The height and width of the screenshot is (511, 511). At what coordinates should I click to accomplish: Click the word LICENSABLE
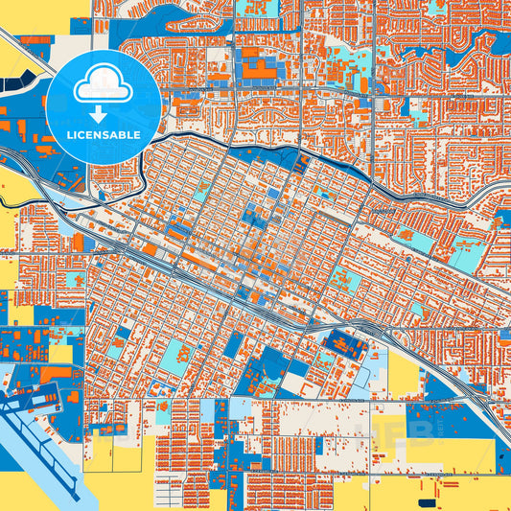103,135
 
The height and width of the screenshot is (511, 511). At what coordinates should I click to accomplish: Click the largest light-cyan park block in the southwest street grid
175,358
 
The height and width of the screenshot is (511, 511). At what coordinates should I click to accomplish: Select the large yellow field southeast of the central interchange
404,372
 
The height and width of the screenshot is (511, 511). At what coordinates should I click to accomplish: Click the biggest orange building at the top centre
256,68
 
